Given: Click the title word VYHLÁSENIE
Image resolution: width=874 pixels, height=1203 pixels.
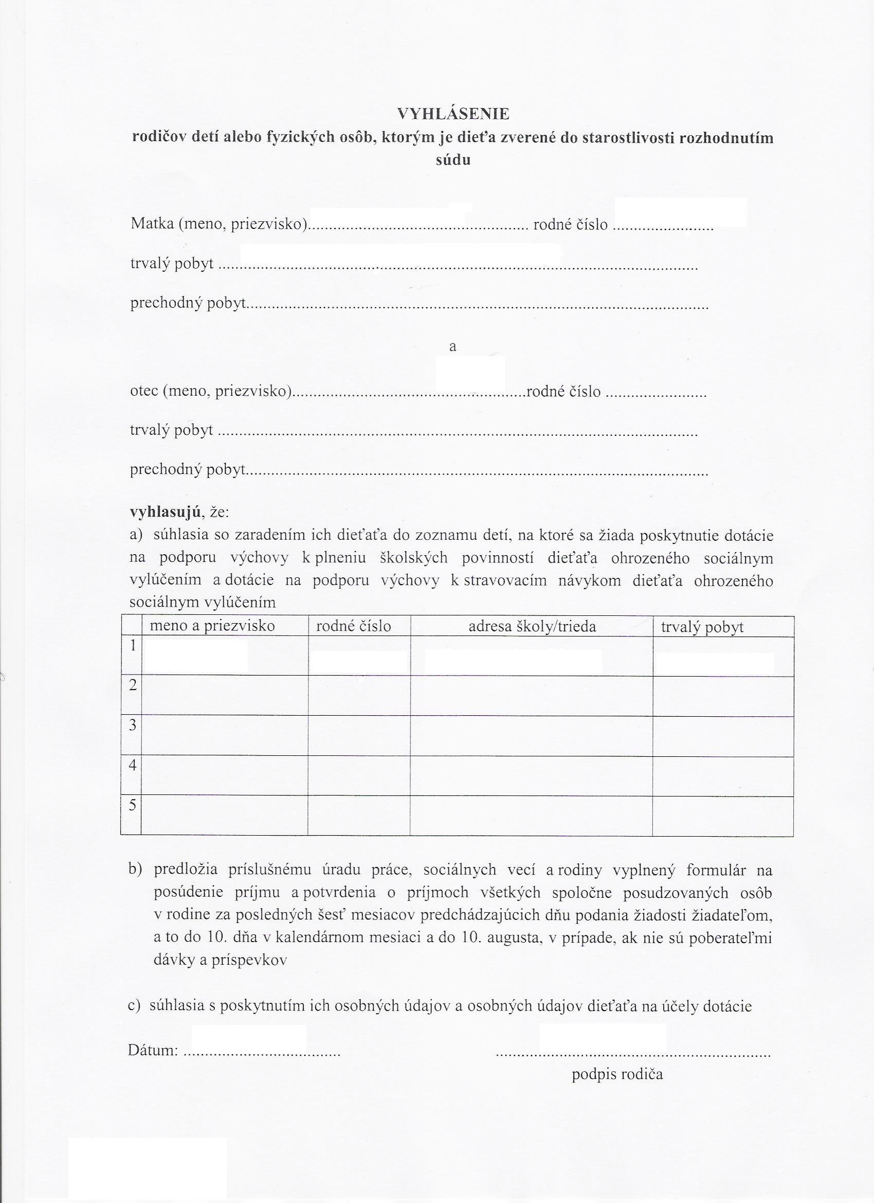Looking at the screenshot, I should [x=453, y=114].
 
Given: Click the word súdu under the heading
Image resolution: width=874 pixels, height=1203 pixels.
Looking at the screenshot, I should [x=453, y=160].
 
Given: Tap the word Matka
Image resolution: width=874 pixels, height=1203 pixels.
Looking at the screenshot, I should [x=152, y=224].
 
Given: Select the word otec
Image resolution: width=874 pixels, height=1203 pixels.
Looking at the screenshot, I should [x=144, y=391].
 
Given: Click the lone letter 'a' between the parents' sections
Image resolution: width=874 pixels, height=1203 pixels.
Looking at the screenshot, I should [x=452, y=347].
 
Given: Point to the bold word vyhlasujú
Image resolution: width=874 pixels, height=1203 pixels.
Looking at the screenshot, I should [x=165, y=512].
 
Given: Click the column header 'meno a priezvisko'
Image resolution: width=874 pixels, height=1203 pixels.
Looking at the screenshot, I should [x=212, y=626].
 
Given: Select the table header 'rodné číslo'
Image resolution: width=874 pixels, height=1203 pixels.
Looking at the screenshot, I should [x=354, y=626].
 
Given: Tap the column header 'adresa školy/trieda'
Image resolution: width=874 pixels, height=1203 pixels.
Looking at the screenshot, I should [x=532, y=626].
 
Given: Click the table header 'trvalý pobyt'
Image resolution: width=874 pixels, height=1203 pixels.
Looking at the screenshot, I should [x=702, y=628].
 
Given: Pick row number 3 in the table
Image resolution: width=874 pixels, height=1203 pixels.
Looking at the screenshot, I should [x=133, y=725].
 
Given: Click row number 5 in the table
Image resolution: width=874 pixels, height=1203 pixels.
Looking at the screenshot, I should [x=133, y=805].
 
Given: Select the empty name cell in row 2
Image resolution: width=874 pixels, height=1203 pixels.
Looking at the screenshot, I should [x=225, y=695].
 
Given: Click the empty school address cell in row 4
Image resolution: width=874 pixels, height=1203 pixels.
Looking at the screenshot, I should [x=531, y=776].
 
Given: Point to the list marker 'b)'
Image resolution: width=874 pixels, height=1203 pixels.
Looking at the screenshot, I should [x=135, y=870].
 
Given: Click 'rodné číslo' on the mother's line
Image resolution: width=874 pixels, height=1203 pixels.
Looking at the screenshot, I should [x=570, y=224].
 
